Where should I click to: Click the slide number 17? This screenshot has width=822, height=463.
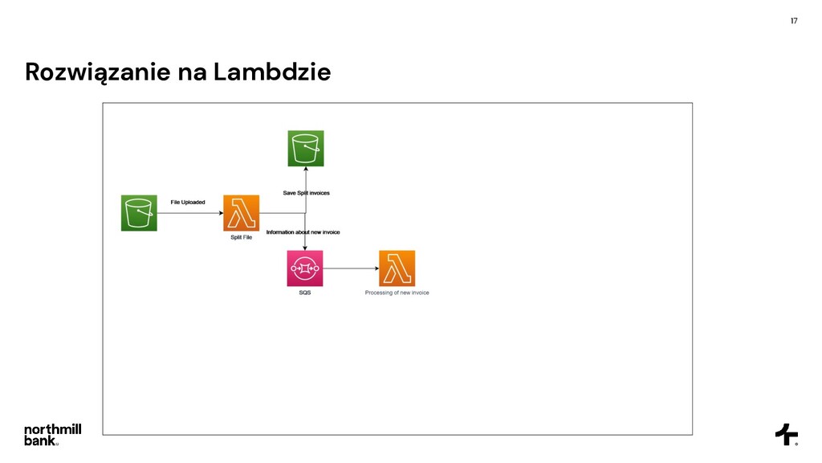click(x=794, y=20)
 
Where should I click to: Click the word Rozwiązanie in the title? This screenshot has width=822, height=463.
click(x=98, y=73)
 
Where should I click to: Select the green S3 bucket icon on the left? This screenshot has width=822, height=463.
click(x=139, y=213)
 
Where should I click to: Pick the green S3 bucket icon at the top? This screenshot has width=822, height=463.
click(x=306, y=149)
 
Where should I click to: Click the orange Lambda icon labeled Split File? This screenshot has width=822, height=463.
click(x=242, y=213)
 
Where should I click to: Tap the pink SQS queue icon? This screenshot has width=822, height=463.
click(x=305, y=268)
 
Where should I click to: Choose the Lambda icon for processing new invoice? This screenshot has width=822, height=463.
click(x=397, y=268)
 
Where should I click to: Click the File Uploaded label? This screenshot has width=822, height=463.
click(x=188, y=202)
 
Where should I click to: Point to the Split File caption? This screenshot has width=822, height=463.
click(x=242, y=238)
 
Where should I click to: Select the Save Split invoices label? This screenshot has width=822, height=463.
click(x=306, y=193)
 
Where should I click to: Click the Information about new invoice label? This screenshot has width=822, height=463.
click(x=303, y=232)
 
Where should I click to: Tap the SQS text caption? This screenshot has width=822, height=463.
click(x=305, y=293)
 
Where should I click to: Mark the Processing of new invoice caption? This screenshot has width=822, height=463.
click(x=397, y=293)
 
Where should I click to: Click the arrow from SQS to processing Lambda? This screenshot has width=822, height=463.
click(x=351, y=268)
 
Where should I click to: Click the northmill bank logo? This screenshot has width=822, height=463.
click(x=52, y=434)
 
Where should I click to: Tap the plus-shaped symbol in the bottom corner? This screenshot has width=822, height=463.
click(x=786, y=434)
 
